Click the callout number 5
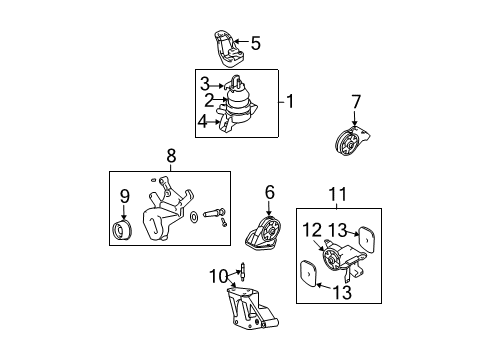(x=255, y=43)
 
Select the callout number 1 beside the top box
(x=290, y=101)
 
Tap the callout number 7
(x=356, y=102)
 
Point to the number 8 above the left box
(x=171, y=155)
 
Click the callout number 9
(x=124, y=196)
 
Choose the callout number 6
(x=270, y=192)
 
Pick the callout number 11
(x=337, y=194)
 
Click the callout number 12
(x=312, y=230)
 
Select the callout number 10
(x=219, y=276)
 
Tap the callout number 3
(x=205, y=84)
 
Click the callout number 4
(x=202, y=122)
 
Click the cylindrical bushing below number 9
(x=121, y=230)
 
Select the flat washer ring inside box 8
(x=194, y=217)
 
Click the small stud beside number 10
(x=243, y=270)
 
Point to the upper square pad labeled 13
(x=366, y=239)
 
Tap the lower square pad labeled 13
(x=309, y=274)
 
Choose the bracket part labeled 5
(x=229, y=49)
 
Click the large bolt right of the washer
(x=213, y=212)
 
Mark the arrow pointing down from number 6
(x=269, y=208)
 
